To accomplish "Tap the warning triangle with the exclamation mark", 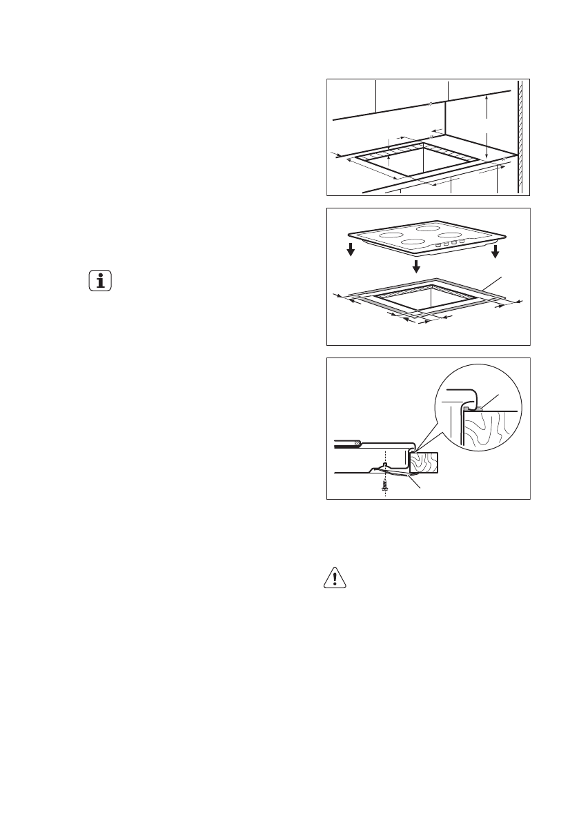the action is click(x=334, y=578).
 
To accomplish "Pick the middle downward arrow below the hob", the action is click(x=416, y=266).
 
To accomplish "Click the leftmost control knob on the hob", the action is click(x=438, y=246).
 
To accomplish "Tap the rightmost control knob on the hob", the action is click(x=462, y=242).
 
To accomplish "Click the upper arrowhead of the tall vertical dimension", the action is click(x=487, y=99).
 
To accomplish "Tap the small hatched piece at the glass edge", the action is click(x=357, y=441).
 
